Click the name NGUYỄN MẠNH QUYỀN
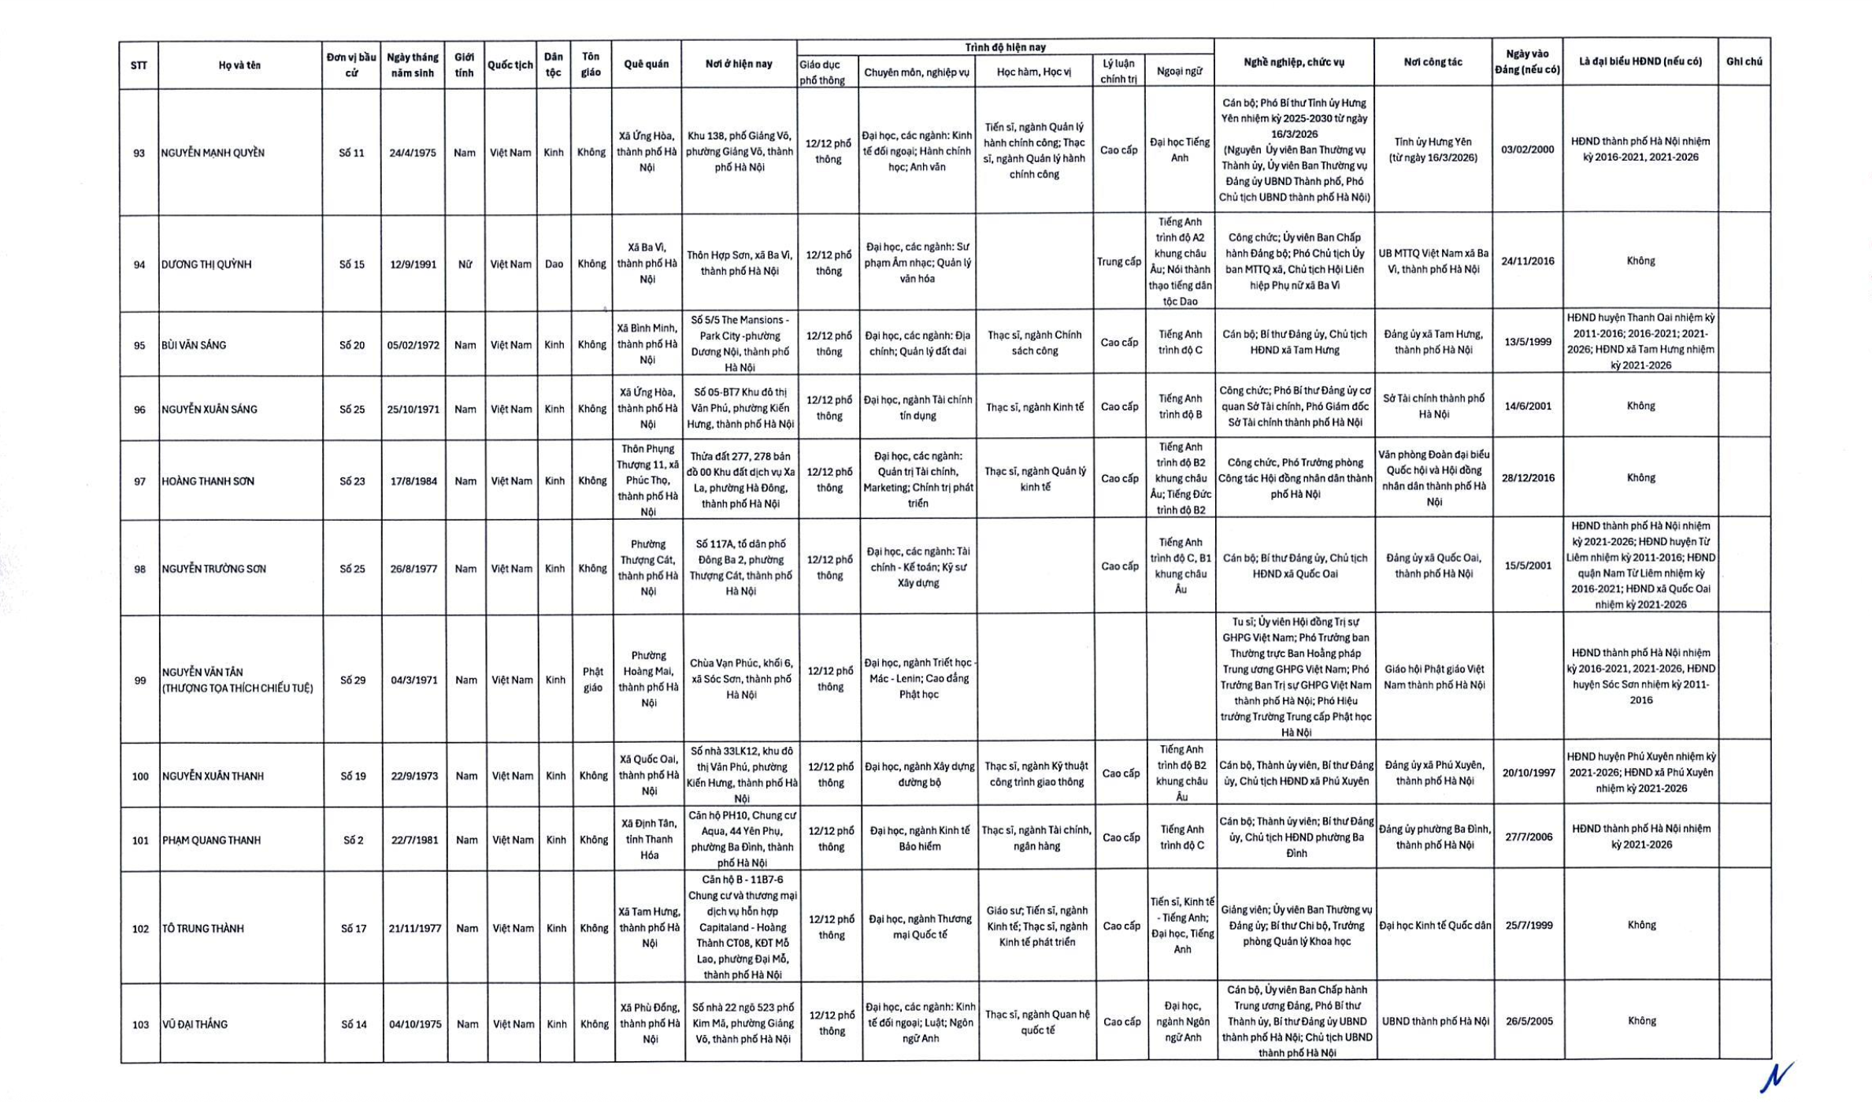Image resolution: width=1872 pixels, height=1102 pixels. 213,153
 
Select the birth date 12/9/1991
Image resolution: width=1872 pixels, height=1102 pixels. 413,265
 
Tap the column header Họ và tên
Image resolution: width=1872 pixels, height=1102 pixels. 239,65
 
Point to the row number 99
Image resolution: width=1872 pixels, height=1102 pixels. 140,681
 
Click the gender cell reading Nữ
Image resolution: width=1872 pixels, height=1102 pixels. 465,265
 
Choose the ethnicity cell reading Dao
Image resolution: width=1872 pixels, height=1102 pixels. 554,265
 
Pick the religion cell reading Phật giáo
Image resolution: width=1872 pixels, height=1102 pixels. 592,680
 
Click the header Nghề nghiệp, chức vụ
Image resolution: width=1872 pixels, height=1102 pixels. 1294,62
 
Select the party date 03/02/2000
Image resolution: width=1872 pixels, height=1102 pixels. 1527,150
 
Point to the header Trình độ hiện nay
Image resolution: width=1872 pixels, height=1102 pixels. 1005,47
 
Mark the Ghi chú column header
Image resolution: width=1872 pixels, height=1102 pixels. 1744,61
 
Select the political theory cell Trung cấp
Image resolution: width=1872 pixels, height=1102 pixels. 1118,262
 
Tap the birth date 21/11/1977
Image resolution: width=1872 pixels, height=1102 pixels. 414,929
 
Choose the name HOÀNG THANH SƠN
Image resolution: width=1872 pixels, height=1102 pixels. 208,481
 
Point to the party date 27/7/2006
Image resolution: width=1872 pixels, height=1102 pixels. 1529,837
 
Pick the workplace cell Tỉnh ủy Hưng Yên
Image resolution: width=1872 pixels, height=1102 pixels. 1433,150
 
